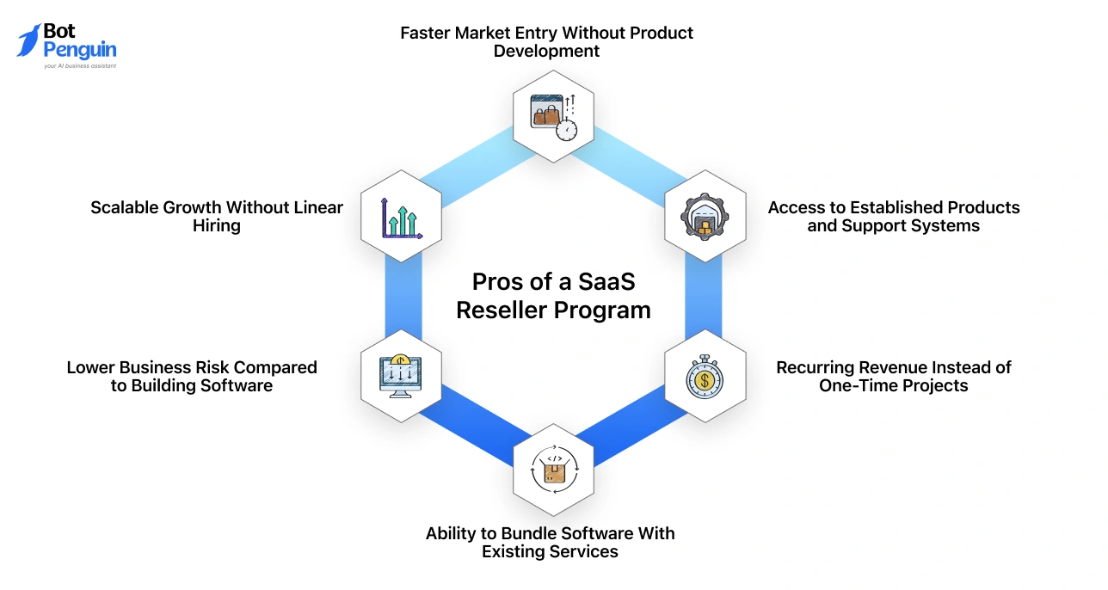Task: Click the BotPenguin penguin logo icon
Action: click(29, 40)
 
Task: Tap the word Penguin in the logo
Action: click(79, 51)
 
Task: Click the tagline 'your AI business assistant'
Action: click(79, 65)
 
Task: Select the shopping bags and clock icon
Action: click(552, 115)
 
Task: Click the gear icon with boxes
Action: click(705, 217)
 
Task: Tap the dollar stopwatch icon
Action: click(705, 376)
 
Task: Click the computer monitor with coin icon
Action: click(400, 376)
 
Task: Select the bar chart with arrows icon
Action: click(401, 217)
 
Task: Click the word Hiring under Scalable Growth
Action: click(216, 225)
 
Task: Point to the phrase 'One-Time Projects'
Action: click(893, 385)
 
